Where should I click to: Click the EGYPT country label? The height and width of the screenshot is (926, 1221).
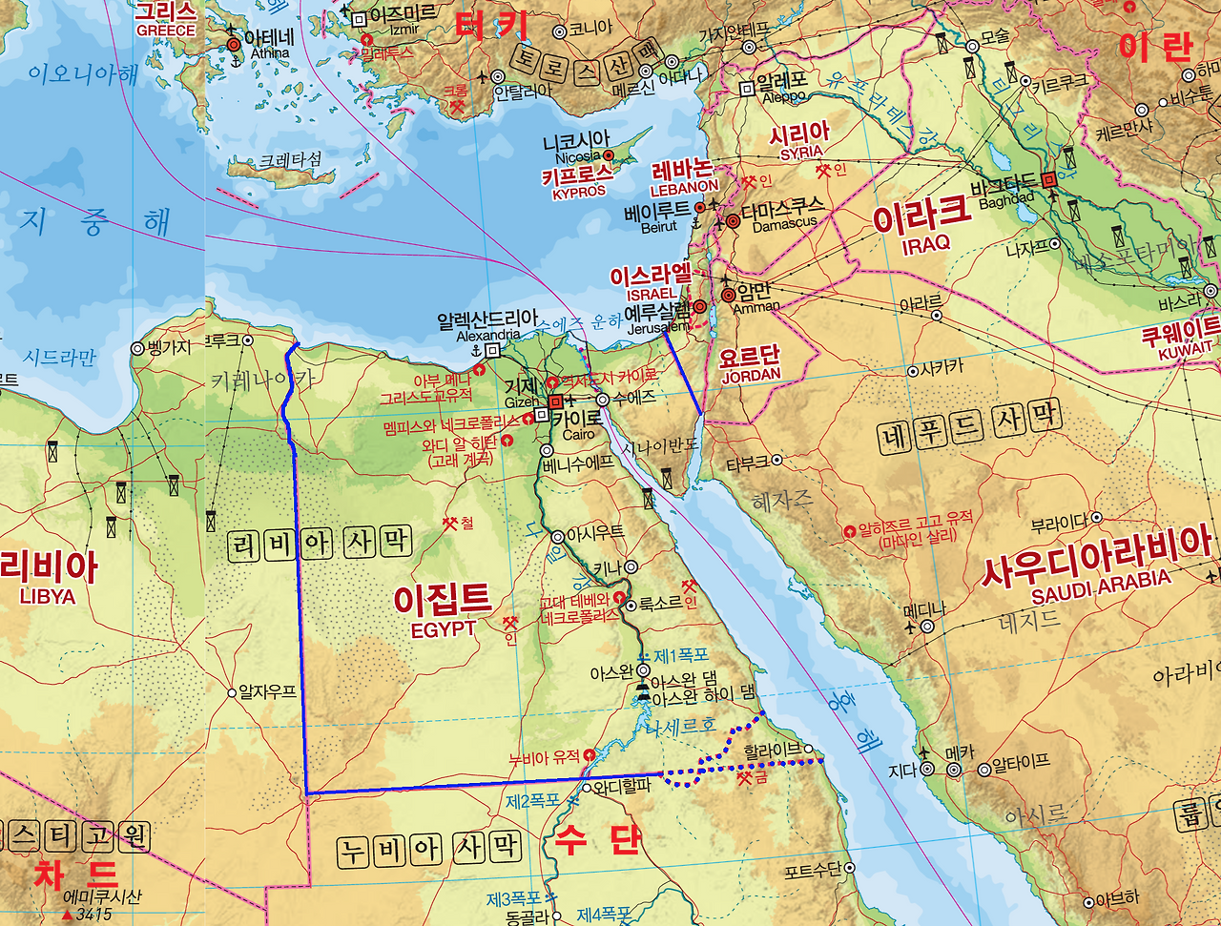[443, 630]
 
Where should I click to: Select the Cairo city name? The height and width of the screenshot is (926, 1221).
[578, 435]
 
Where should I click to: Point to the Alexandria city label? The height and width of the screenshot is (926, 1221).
[488, 336]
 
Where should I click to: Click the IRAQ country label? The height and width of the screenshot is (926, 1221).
[925, 243]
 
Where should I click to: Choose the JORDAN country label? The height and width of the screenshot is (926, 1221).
[751, 377]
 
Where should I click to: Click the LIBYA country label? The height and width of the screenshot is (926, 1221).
[47, 596]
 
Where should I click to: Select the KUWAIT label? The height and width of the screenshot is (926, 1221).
[1185, 352]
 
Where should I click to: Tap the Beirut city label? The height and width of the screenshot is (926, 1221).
[659, 227]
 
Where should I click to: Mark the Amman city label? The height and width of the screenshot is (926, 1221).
[756, 307]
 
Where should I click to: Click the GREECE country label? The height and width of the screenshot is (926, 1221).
[165, 31]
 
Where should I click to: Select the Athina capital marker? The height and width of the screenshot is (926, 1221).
[234, 45]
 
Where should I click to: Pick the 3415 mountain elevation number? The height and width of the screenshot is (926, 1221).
[93, 915]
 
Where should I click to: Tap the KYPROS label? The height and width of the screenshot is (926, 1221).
[579, 192]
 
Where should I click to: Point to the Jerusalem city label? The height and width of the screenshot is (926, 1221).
[658, 328]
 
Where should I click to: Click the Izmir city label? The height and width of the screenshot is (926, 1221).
[404, 30]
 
